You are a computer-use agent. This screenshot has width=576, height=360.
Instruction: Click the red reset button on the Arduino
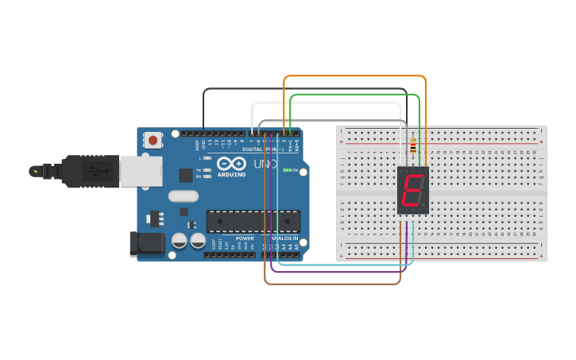153,141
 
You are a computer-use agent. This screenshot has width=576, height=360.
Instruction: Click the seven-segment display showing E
412,191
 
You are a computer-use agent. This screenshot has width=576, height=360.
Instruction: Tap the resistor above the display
412,146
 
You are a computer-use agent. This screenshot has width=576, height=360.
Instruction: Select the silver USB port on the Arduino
141,171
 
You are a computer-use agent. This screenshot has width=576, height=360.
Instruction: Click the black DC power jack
147,243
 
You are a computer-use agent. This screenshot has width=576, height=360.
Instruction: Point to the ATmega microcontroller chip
253,222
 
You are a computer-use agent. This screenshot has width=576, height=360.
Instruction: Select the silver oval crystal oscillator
182,195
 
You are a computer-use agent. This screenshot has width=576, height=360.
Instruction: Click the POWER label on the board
245,238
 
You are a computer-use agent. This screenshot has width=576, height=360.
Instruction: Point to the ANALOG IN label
284,238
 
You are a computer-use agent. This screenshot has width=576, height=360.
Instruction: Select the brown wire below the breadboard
334,283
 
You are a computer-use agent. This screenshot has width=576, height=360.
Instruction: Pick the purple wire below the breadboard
342,273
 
